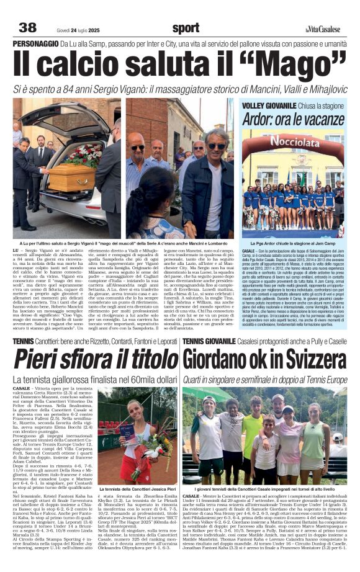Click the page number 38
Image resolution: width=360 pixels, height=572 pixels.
click(x=27, y=27)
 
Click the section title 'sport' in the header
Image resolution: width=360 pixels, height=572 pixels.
click(x=186, y=28)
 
